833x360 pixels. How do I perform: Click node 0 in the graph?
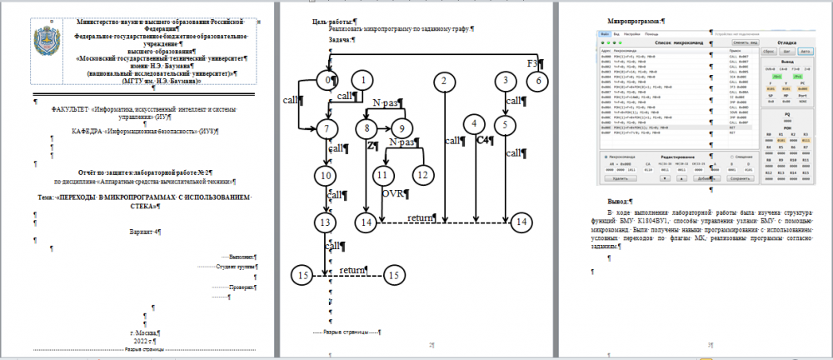(x=332, y=80)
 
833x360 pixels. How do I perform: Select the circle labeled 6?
(x=538, y=81)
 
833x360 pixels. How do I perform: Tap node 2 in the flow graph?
(x=446, y=81)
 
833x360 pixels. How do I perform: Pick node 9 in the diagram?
(x=402, y=128)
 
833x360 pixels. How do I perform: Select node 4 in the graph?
(x=474, y=124)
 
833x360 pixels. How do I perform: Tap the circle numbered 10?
(x=325, y=175)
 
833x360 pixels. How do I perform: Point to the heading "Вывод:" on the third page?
(x=620, y=201)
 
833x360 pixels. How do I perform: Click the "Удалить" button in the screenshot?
(x=617, y=178)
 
